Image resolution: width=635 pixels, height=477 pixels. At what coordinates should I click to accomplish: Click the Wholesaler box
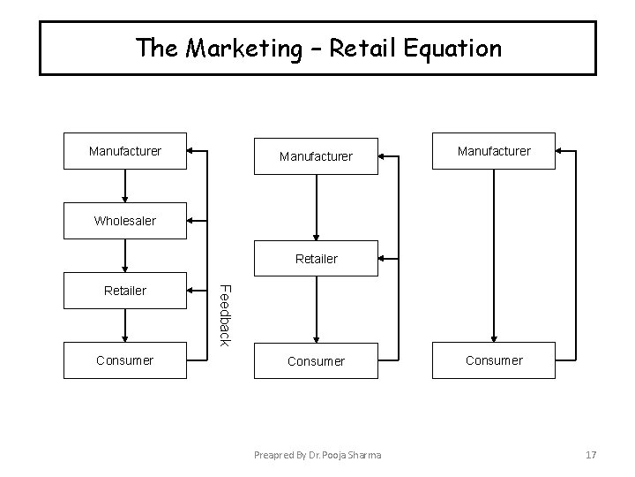(x=125, y=221)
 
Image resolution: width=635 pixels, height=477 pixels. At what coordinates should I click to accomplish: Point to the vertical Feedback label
(x=224, y=314)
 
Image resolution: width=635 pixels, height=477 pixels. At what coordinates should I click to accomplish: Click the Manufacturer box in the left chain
(x=125, y=151)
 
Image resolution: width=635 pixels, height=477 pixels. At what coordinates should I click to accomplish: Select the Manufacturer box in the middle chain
(x=316, y=156)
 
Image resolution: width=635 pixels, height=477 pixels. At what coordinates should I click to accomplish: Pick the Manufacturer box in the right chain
(x=494, y=151)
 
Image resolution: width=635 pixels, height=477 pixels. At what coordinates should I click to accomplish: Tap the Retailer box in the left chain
(x=125, y=290)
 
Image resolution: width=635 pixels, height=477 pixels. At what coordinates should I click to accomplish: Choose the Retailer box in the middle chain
(x=316, y=259)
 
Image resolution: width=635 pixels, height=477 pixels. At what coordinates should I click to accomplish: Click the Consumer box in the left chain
(x=125, y=360)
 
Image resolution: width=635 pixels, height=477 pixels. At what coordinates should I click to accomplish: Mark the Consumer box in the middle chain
(x=316, y=361)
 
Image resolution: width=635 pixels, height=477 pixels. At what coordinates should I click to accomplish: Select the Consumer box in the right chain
(x=494, y=360)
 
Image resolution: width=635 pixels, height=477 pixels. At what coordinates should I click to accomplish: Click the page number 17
(x=591, y=454)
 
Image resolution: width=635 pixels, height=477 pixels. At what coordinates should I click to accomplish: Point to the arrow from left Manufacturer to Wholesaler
(x=125, y=185)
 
